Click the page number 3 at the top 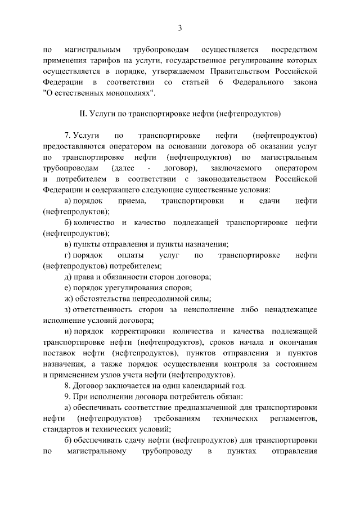(x=179, y=28)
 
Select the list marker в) (x=67, y=244)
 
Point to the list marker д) (x=67, y=277)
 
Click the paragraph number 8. (x=67, y=386)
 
